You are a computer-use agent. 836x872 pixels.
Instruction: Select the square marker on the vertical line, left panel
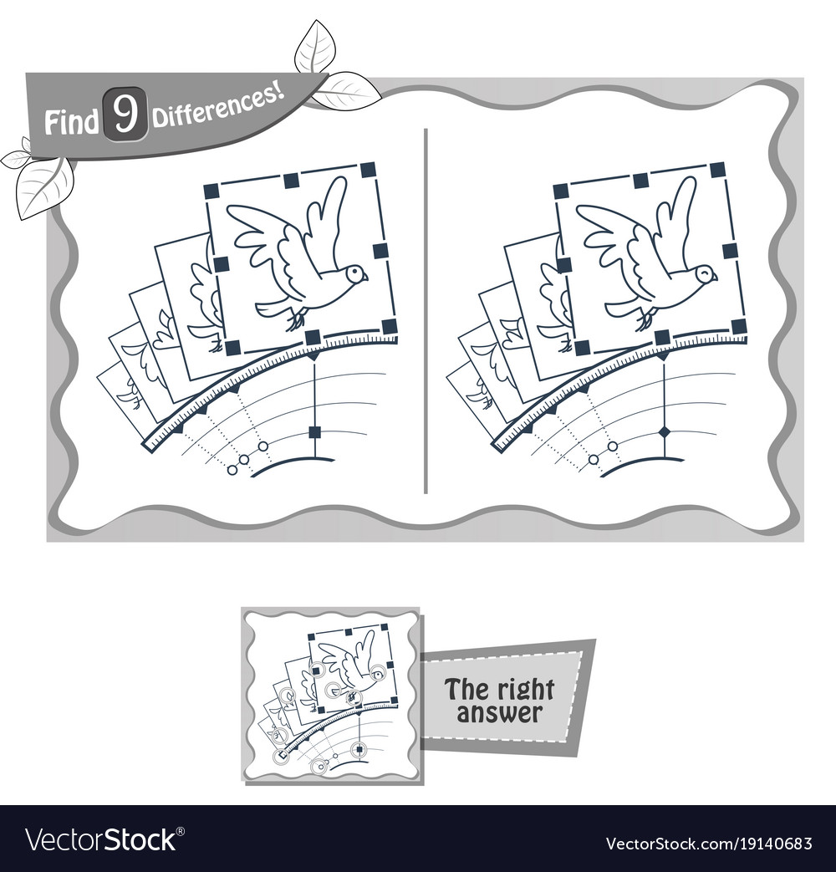(315, 431)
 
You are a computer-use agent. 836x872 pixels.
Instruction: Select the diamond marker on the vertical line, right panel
(665, 431)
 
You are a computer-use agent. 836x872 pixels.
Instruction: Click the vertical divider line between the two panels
(427, 309)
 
